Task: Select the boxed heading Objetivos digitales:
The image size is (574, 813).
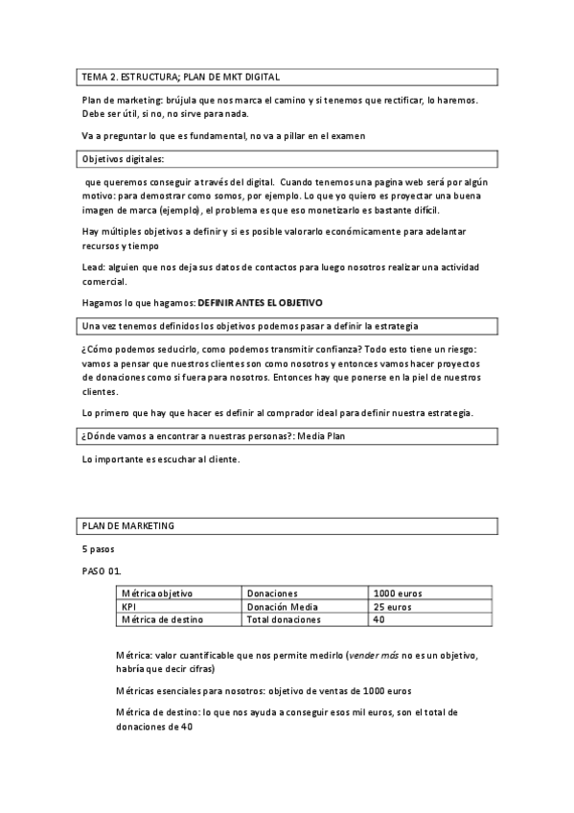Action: click(x=124, y=159)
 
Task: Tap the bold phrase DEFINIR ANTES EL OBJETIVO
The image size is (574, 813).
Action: click(x=260, y=303)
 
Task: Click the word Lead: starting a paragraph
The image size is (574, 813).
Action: click(x=95, y=267)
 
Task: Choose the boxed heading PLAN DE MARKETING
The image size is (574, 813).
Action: click(x=127, y=526)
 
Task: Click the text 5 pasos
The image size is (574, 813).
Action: click(x=99, y=549)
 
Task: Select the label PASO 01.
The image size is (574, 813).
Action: click(x=102, y=572)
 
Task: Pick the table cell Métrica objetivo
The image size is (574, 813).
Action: click(x=157, y=593)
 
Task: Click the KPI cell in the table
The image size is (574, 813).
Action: click(x=130, y=607)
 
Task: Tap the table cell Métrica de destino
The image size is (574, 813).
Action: click(x=162, y=620)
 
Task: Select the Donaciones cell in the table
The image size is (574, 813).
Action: click(x=272, y=593)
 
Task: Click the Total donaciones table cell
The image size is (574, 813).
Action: click(x=284, y=620)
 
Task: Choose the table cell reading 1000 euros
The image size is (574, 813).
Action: click(x=398, y=593)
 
